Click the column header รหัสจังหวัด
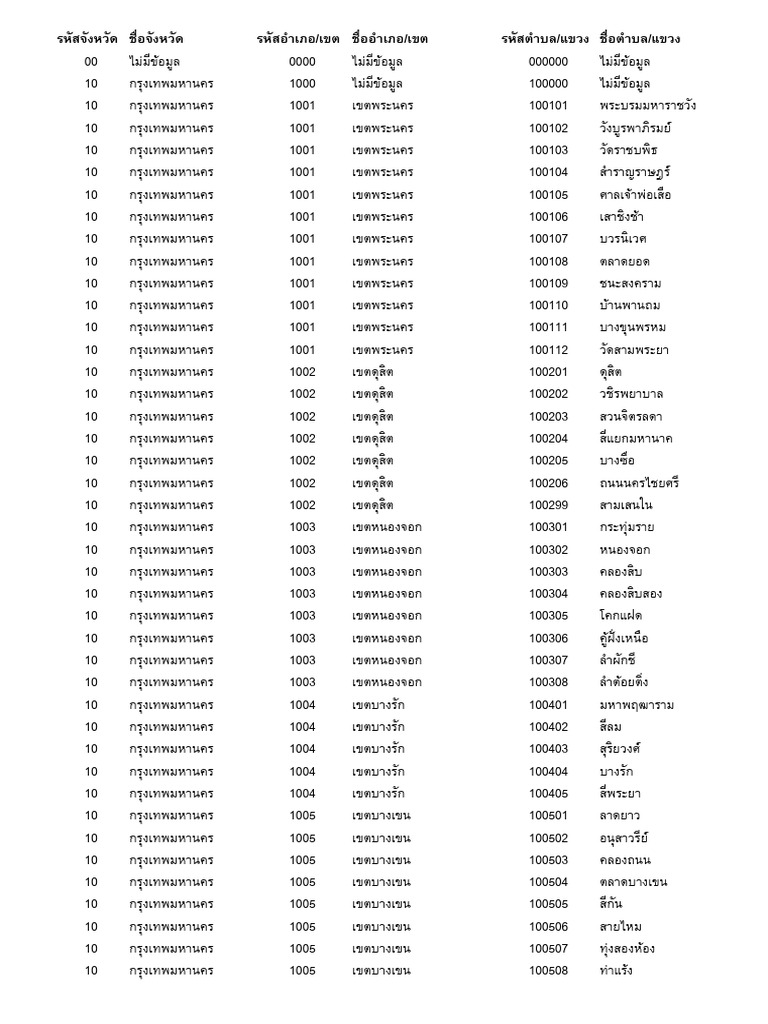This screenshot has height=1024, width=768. [x=88, y=39]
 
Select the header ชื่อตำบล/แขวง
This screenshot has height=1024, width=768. [x=642, y=39]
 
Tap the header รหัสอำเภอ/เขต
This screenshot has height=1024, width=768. [x=298, y=39]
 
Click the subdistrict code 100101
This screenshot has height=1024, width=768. [x=548, y=106]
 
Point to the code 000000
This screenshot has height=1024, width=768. [x=548, y=62]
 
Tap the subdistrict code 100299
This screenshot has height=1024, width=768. [x=548, y=505]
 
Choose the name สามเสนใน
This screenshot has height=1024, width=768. [x=626, y=505]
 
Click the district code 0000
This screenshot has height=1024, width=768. [x=302, y=62]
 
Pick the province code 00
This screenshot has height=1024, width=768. [x=91, y=62]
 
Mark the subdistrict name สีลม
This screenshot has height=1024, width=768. [x=611, y=727]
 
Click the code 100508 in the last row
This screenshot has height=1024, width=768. [x=548, y=971]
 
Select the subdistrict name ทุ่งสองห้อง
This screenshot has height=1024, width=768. [x=627, y=949]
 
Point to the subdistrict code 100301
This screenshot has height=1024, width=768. [x=548, y=527]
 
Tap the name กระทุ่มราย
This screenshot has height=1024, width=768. [x=631, y=527]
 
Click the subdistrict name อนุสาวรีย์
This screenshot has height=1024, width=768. [x=624, y=838]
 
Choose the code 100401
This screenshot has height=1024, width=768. [x=548, y=705]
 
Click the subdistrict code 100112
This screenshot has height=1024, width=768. [x=548, y=350]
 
